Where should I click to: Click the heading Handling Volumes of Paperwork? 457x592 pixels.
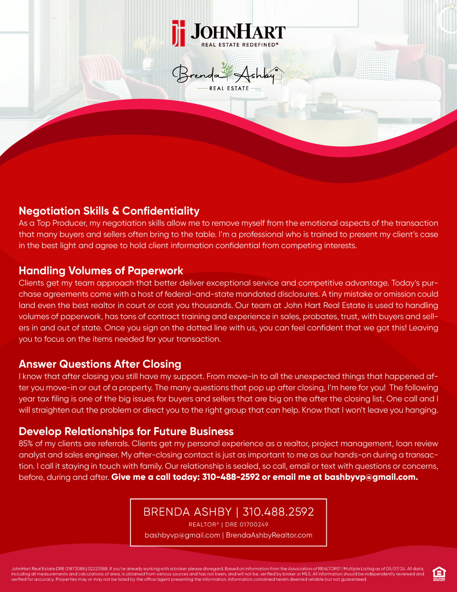(101, 270)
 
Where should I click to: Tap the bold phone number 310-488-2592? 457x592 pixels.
(231, 477)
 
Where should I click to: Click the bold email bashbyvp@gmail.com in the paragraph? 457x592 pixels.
(371, 477)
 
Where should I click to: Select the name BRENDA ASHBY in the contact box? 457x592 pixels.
(187, 512)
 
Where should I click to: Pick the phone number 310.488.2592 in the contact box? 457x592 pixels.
(278, 512)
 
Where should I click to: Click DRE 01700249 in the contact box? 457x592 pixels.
(247, 525)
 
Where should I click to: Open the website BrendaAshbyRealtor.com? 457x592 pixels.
(269, 535)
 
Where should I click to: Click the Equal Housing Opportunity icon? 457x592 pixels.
(439, 574)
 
